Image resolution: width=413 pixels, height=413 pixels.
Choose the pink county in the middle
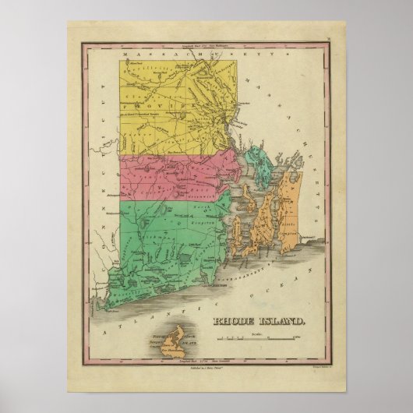(x=171, y=175)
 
